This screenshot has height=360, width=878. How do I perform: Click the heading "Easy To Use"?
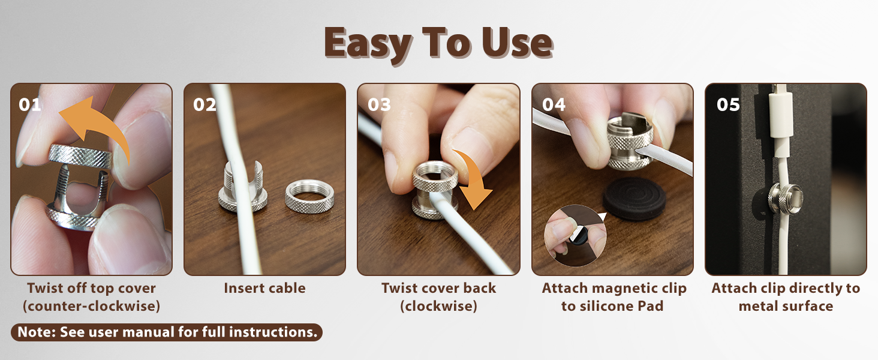[x=438, y=44]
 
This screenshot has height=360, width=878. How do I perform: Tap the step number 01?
[x=30, y=105]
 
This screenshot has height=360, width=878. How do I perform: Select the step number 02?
[x=205, y=105]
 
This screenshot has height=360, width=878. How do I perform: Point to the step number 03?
[x=379, y=105]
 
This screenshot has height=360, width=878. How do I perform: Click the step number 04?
[x=554, y=105]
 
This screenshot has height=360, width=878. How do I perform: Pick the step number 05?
[x=728, y=105]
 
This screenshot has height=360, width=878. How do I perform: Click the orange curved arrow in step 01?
[x=103, y=118]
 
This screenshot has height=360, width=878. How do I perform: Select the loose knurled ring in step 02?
[x=309, y=196]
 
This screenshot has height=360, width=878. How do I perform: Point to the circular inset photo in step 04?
[x=575, y=236]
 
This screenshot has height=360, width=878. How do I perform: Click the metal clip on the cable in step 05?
[x=785, y=199]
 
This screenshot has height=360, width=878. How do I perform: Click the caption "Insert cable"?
[x=264, y=288]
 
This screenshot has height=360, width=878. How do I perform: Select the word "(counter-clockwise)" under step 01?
[x=91, y=306]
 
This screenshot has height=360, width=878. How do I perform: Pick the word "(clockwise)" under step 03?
[x=438, y=306]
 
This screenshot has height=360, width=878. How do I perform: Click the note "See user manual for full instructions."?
[x=188, y=332]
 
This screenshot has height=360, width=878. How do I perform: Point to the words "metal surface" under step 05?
[x=786, y=306]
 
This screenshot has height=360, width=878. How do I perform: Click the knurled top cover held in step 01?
[x=81, y=156]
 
